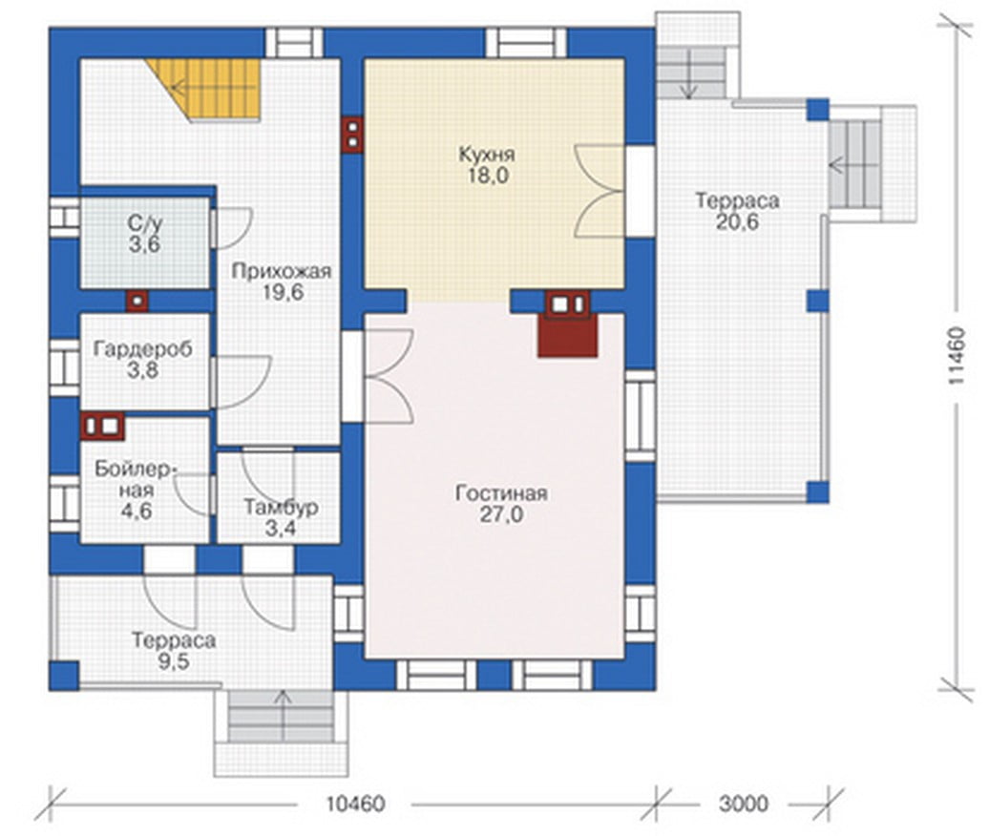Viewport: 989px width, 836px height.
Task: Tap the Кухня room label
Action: pyautogui.click(x=486, y=155)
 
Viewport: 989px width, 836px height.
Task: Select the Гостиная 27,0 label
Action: pyautogui.click(x=501, y=504)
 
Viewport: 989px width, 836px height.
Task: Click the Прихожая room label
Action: pyautogui.click(x=282, y=272)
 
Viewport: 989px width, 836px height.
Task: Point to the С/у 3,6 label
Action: pyautogui.click(x=145, y=234)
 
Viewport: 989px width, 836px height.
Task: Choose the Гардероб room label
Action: pyautogui.click(x=142, y=349)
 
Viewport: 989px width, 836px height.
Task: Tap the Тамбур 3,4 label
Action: pyautogui.click(x=281, y=517)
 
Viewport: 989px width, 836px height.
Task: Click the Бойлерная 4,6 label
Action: pyautogui.click(x=137, y=490)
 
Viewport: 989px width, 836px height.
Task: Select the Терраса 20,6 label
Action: pyautogui.click(x=737, y=211)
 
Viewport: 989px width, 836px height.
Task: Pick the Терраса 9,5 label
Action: pyautogui.click(x=174, y=651)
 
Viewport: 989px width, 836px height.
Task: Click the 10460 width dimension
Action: pyautogui.click(x=355, y=805)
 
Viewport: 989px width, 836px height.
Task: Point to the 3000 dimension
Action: pyautogui.click(x=744, y=804)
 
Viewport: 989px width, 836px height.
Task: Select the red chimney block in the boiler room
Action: pyautogui.click(x=103, y=427)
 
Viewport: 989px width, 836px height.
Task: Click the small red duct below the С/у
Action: pyautogui.click(x=137, y=302)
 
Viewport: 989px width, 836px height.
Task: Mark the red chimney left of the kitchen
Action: pyautogui.click(x=352, y=135)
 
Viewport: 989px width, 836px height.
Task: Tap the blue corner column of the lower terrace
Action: pyautogui.click(x=64, y=676)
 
